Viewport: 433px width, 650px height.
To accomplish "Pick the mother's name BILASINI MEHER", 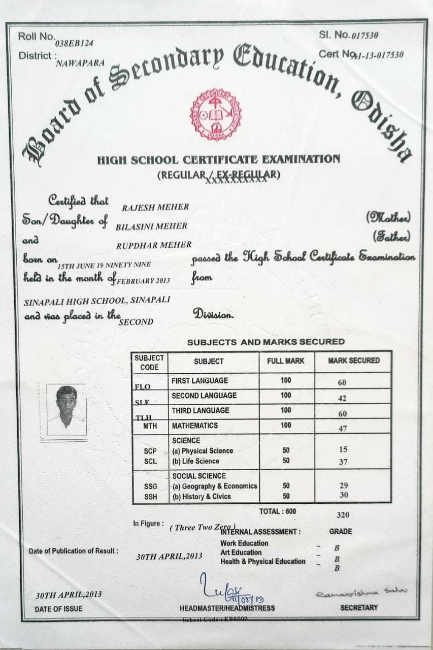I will point(152,225).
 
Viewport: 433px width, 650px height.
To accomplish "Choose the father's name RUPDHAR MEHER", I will point(154,245).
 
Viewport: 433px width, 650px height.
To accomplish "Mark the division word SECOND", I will point(136,321).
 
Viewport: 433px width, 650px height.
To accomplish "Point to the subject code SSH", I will point(150,497).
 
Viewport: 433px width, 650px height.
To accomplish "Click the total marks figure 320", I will point(343,514).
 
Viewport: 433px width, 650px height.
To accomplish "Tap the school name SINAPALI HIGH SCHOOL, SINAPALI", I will point(97,300).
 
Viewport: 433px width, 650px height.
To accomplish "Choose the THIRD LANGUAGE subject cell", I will point(200,410).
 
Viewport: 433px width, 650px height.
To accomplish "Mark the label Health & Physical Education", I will point(262,561).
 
